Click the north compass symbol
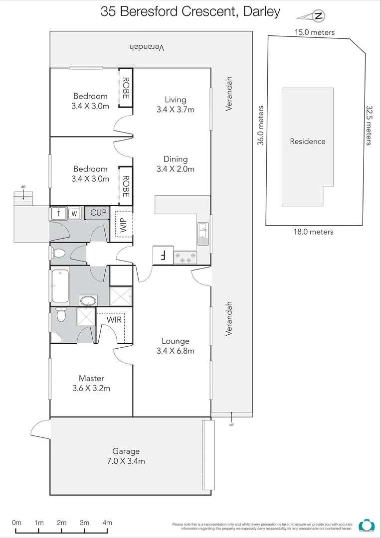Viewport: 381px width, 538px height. [x=318, y=16]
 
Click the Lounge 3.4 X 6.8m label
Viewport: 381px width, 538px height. [x=175, y=346]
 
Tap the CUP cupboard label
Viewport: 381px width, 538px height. [x=98, y=213]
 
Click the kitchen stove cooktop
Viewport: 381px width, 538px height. [x=185, y=258]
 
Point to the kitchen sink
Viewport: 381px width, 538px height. [x=203, y=234]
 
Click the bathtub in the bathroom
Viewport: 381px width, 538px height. [x=60, y=286]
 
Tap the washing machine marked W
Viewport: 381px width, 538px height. [x=74, y=213]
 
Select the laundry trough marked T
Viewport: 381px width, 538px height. [x=59, y=213]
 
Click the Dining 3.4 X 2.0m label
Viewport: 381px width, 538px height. [x=175, y=164]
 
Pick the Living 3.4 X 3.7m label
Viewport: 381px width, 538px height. [x=175, y=105]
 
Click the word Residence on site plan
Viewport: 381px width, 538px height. [x=308, y=141]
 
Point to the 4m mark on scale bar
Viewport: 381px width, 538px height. [x=107, y=523]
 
